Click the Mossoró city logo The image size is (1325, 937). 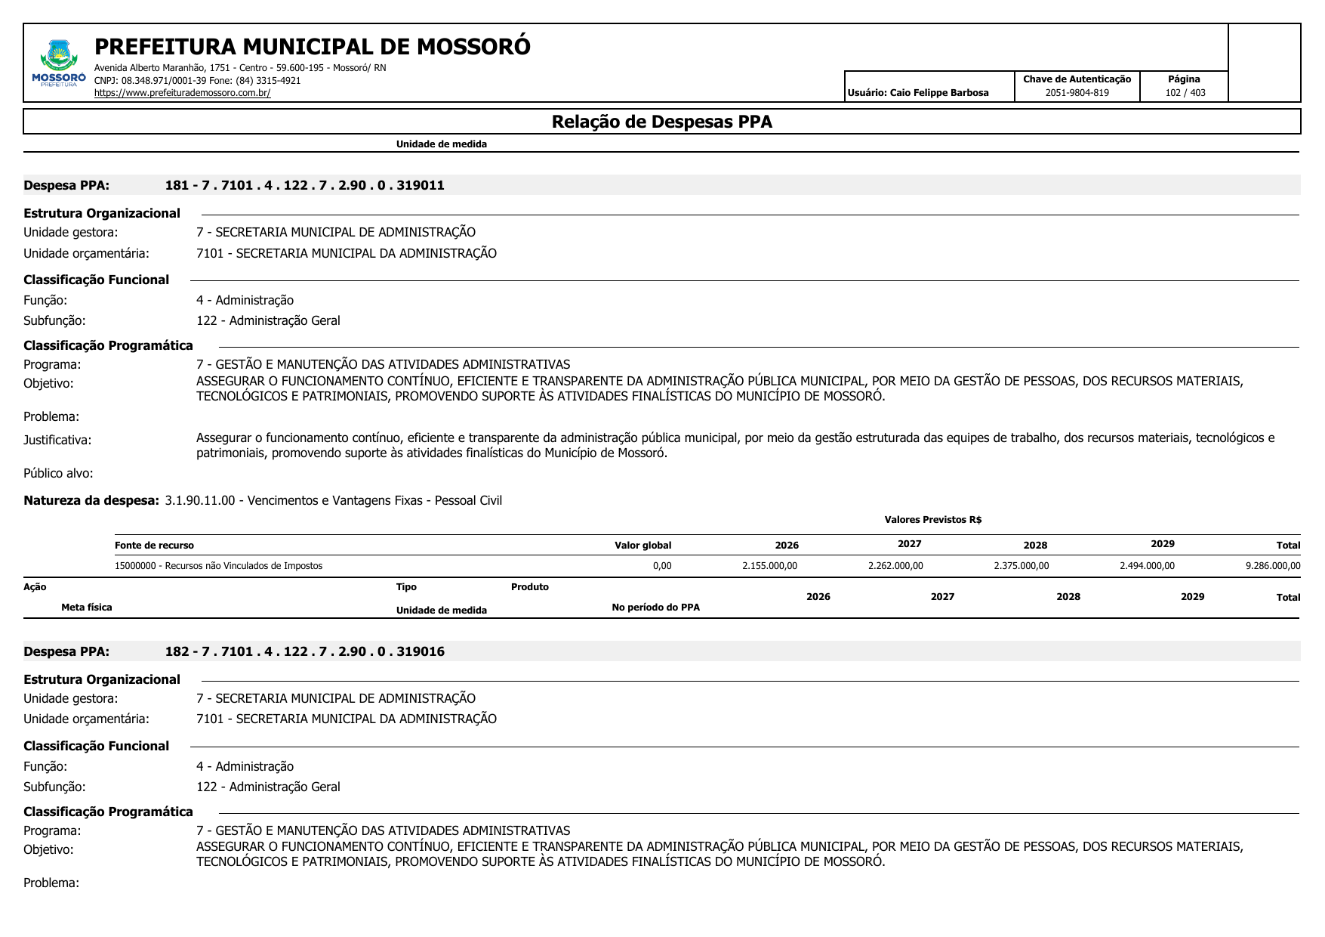[x=59, y=63]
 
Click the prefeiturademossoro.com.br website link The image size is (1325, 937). [x=182, y=93]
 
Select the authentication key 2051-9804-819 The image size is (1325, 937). [x=1077, y=93]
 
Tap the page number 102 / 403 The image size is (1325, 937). [x=1185, y=93]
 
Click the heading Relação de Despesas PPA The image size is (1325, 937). [x=661, y=122]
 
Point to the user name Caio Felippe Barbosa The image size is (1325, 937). [x=938, y=93]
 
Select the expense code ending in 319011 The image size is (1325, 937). [x=304, y=185]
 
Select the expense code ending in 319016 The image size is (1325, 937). [x=304, y=651]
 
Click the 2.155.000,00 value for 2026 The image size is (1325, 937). [x=769, y=566]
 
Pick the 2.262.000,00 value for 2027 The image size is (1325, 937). [x=895, y=566]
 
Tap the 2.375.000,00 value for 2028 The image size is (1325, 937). [x=1021, y=566]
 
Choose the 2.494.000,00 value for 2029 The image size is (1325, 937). [x=1147, y=566]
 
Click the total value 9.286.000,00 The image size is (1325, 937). [x=1273, y=566]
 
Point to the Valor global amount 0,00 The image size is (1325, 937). [x=662, y=566]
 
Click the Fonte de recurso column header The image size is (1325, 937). [x=154, y=546]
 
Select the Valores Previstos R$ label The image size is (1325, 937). [x=932, y=520]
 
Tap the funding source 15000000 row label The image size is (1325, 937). [x=218, y=566]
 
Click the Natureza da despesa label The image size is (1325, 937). [x=91, y=500]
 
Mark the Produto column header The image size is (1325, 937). [x=529, y=587]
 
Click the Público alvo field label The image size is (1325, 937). [x=58, y=473]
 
